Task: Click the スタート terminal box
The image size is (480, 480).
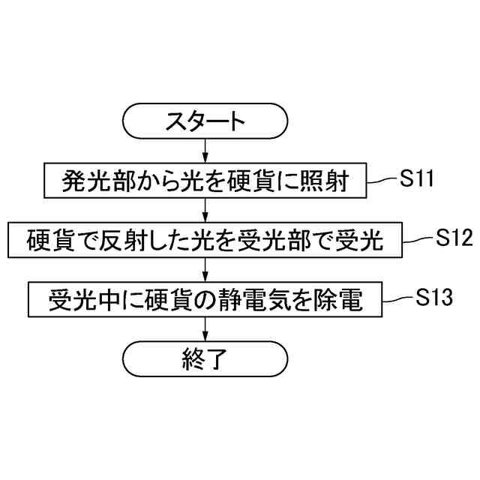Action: point(205,121)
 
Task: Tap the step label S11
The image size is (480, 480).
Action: point(417,180)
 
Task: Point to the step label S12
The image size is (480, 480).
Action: point(454,238)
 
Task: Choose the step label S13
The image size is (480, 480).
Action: point(433,298)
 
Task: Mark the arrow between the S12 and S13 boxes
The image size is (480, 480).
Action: point(205,269)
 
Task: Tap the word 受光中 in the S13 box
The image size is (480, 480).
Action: point(78,300)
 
